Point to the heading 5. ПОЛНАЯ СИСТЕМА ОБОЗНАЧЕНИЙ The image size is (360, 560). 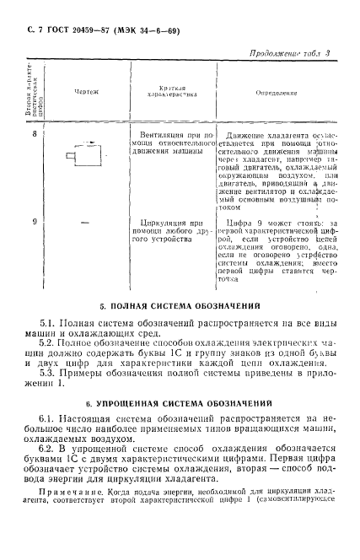[181, 304]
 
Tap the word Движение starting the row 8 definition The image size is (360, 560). [250, 134]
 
